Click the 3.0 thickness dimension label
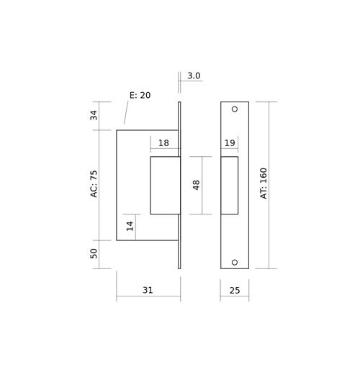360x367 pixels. [194, 76]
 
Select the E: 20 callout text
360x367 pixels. [140, 95]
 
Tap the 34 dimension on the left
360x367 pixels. [94, 115]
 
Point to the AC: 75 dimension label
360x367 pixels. [94, 184]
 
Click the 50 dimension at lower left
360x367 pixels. [94, 253]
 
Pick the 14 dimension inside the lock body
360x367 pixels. [130, 226]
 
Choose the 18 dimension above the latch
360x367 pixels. [163, 143]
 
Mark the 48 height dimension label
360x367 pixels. [196, 185]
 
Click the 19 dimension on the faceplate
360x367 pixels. [230, 143]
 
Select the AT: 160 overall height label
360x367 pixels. [264, 183]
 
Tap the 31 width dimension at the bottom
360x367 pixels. [148, 290]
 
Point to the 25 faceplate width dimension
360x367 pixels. [235, 291]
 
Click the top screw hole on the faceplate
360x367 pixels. [235, 109]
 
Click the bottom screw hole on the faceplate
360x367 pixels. [235, 262]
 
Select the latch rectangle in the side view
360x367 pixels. [150, 185]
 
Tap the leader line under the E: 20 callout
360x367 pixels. [126, 112]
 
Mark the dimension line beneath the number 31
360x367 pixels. [148, 296]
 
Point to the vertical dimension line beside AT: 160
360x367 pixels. [269, 185]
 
